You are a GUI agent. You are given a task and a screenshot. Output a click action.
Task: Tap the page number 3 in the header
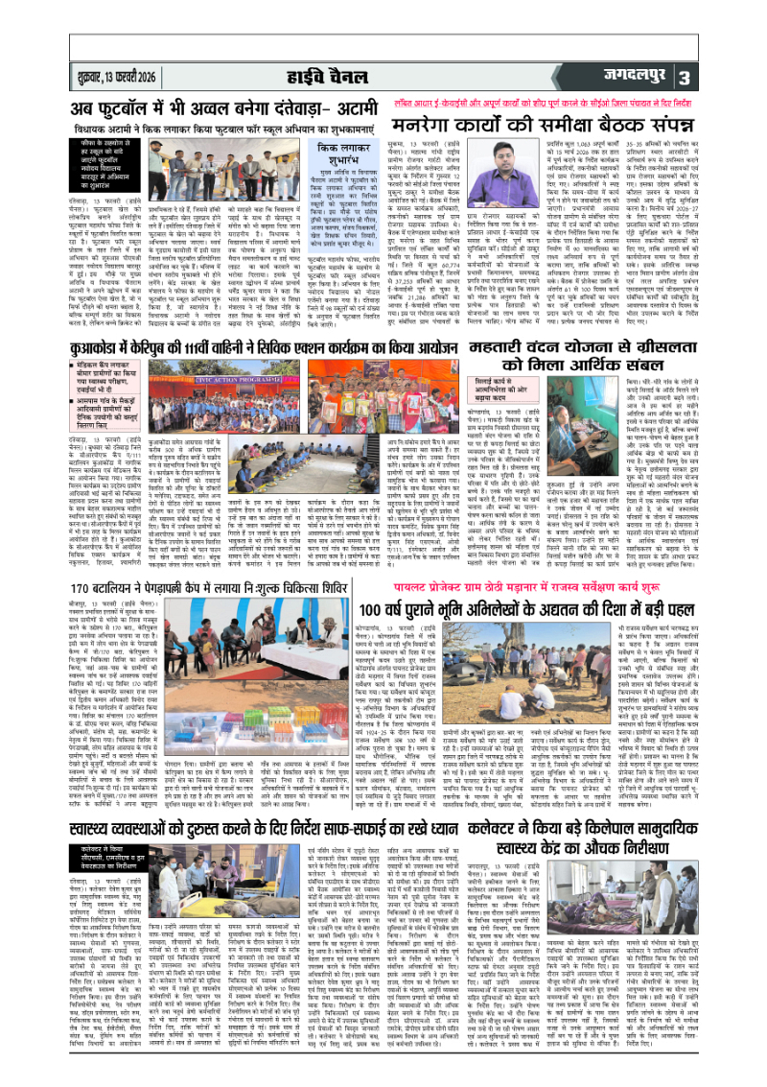point(737,77)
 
